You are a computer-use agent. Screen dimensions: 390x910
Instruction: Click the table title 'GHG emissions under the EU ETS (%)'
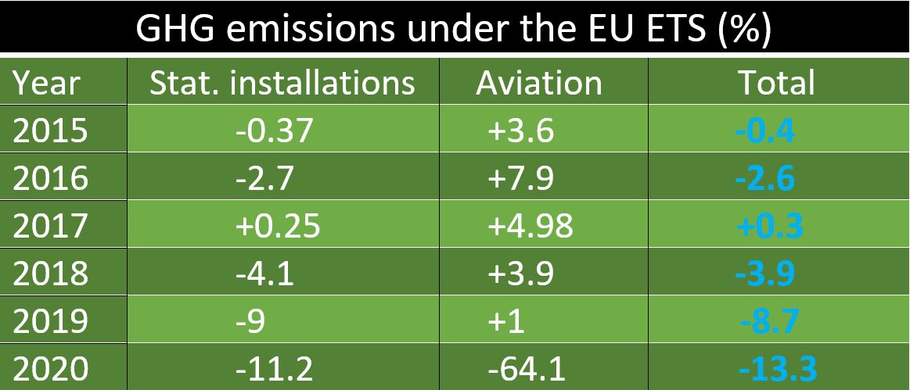(454, 29)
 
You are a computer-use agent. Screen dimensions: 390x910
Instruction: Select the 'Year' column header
(48, 83)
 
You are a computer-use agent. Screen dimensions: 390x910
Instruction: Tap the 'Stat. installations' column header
(282, 83)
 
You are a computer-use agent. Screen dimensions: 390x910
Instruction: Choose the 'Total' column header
(776, 83)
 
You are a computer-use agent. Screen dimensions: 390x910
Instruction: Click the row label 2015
(52, 131)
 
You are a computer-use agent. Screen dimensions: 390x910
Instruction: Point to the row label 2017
(52, 226)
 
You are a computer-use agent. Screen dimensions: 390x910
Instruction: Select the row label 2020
(52, 367)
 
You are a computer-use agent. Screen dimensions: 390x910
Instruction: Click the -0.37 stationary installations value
(274, 131)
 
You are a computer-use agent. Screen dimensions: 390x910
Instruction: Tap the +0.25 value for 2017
(277, 226)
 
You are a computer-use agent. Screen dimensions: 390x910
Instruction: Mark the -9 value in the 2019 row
(252, 320)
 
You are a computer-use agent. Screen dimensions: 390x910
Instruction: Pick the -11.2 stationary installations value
(274, 367)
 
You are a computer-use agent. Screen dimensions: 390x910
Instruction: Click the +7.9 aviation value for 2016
(520, 178)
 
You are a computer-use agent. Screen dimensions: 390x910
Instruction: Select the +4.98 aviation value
(530, 226)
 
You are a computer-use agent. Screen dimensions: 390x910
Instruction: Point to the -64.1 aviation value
(526, 367)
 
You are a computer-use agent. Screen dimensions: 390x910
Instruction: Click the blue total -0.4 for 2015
(765, 131)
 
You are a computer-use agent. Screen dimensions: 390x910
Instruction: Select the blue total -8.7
(769, 320)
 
